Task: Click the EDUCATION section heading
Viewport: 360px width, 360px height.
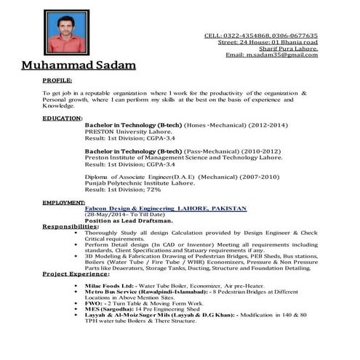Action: pos(62,117)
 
